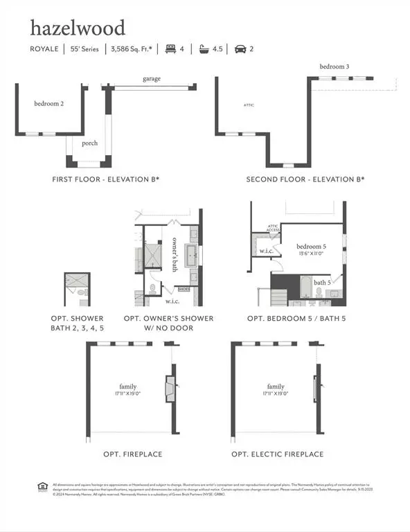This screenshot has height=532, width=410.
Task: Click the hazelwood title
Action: click(78, 28)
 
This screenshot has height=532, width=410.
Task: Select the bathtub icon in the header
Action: click(204, 49)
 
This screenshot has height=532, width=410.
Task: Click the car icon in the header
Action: click(240, 49)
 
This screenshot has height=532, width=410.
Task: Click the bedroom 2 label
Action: click(49, 104)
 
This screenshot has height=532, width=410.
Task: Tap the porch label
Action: click(89, 143)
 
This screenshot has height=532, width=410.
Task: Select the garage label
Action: click(152, 79)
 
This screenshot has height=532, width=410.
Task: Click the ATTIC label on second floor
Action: click(249, 105)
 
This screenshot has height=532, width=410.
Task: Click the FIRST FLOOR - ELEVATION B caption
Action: click(106, 179)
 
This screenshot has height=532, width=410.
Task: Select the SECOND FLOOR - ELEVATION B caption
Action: click(305, 179)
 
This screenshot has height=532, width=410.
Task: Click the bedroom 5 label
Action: click(310, 247)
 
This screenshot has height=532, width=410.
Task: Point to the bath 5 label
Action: click(322, 283)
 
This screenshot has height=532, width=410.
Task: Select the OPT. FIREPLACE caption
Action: click(133, 454)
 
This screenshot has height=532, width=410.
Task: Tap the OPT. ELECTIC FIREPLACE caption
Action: click(277, 454)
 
